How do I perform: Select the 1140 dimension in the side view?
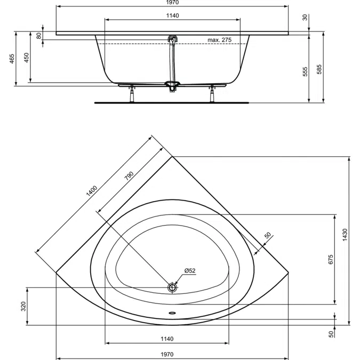pos(172,16)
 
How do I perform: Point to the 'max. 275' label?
pos(219,40)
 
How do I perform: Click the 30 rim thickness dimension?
pos(305,18)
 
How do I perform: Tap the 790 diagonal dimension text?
pos(129,177)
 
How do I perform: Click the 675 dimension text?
pos(330,259)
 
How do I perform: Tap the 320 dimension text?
pos(23,306)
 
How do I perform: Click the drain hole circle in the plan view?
pos(172,287)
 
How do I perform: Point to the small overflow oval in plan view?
pos(172,314)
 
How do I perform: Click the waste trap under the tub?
pos(172,86)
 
